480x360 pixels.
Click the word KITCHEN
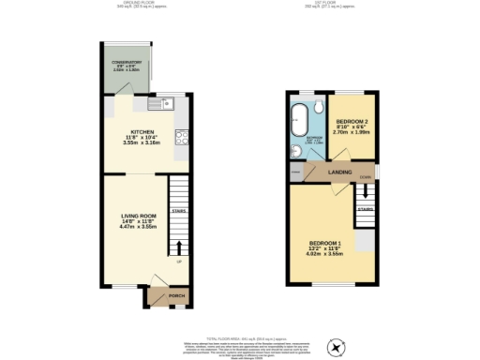[x=142, y=132]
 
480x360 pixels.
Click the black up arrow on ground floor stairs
[x=178, y=248]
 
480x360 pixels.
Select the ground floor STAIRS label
[x=178, y=212]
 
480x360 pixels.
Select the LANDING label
[x=339, y=173]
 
